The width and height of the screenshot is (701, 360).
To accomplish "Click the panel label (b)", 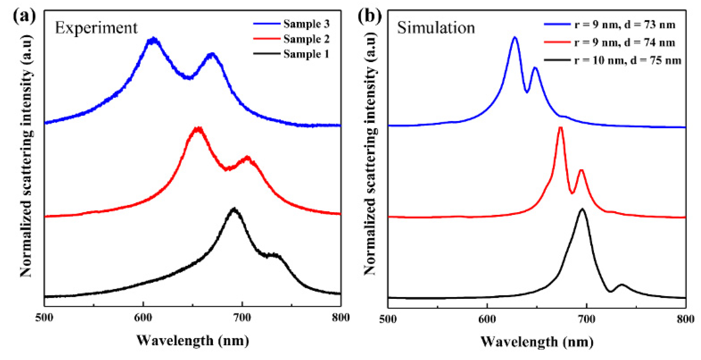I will click(369, 16).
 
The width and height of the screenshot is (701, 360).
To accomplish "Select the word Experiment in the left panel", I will click(96, 28).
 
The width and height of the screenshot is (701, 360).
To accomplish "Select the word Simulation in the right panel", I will click(436, 28).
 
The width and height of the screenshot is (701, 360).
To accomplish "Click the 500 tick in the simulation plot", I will click(388, 319).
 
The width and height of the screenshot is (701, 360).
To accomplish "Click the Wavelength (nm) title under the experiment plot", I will click(193, 341).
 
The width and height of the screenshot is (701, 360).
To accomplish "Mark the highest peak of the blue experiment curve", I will click(153, 40).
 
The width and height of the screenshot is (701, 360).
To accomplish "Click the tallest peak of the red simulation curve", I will click(560, 128).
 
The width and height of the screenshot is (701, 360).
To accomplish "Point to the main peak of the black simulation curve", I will click(582, 209).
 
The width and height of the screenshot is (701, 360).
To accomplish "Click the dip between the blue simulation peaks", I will click(527, 92).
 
